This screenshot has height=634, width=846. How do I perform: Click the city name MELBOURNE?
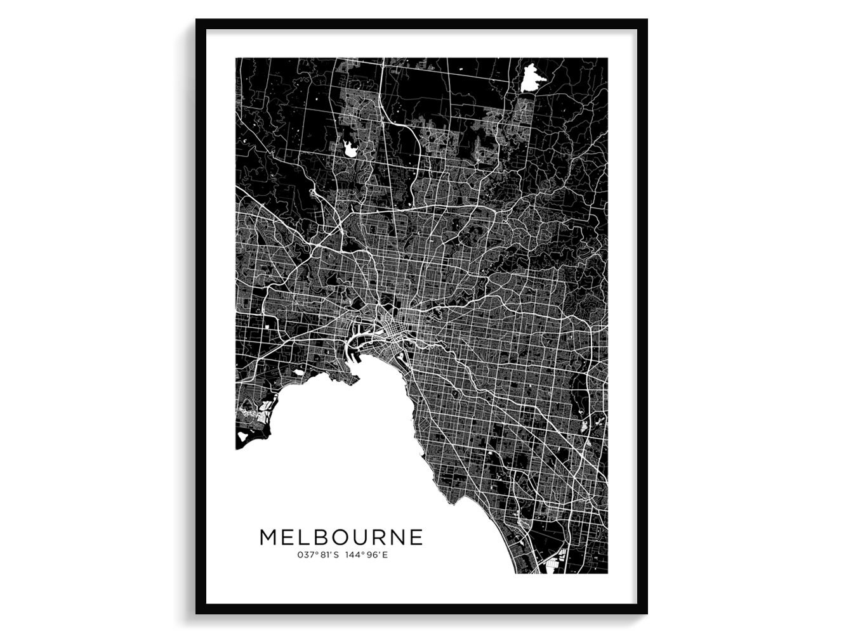tap(341, 537)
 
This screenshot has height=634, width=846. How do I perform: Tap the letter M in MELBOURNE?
tap(268, 537)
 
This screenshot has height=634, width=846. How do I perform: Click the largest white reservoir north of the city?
tap(528, 79)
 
